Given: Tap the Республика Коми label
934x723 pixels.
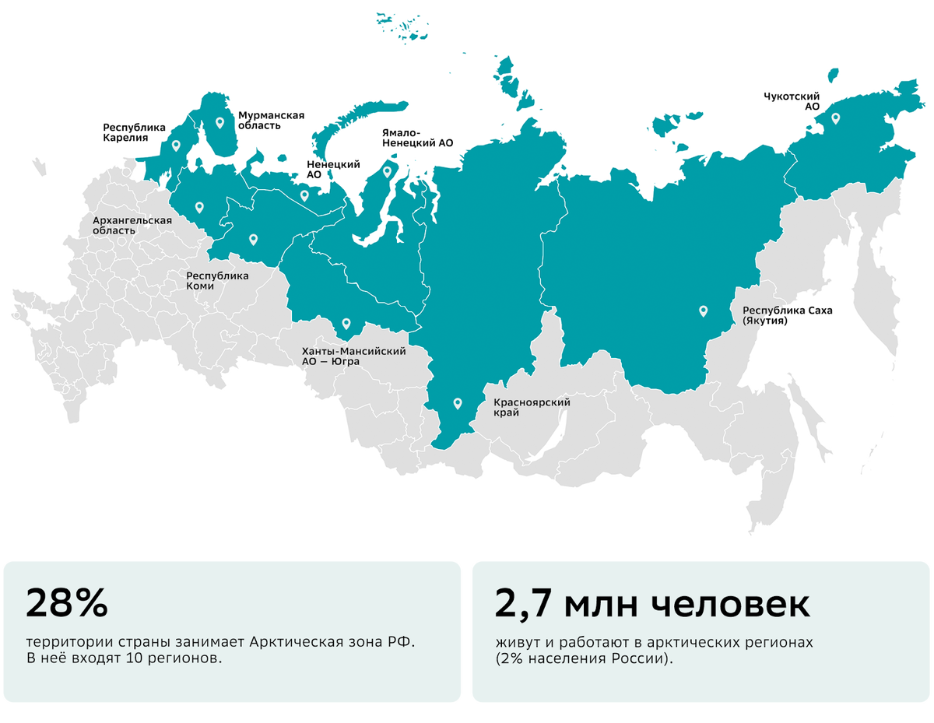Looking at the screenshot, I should coord(217,281).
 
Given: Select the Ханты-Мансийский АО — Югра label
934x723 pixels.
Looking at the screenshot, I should coord(354,356).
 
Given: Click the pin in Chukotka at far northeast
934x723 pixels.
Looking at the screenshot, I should coord(835,119).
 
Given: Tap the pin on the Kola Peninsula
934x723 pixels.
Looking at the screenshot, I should coord(219,122).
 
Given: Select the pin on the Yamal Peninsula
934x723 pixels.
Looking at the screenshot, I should coord(387,172).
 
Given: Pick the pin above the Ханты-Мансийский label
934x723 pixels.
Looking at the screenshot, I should coord(346,323).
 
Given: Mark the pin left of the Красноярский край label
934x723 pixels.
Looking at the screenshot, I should coord(458,403).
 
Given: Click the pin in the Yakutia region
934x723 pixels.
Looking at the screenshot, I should coord(703,311).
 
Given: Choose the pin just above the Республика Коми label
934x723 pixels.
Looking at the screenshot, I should coord(252,240).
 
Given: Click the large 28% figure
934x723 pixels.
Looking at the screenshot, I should coord(66,603).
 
